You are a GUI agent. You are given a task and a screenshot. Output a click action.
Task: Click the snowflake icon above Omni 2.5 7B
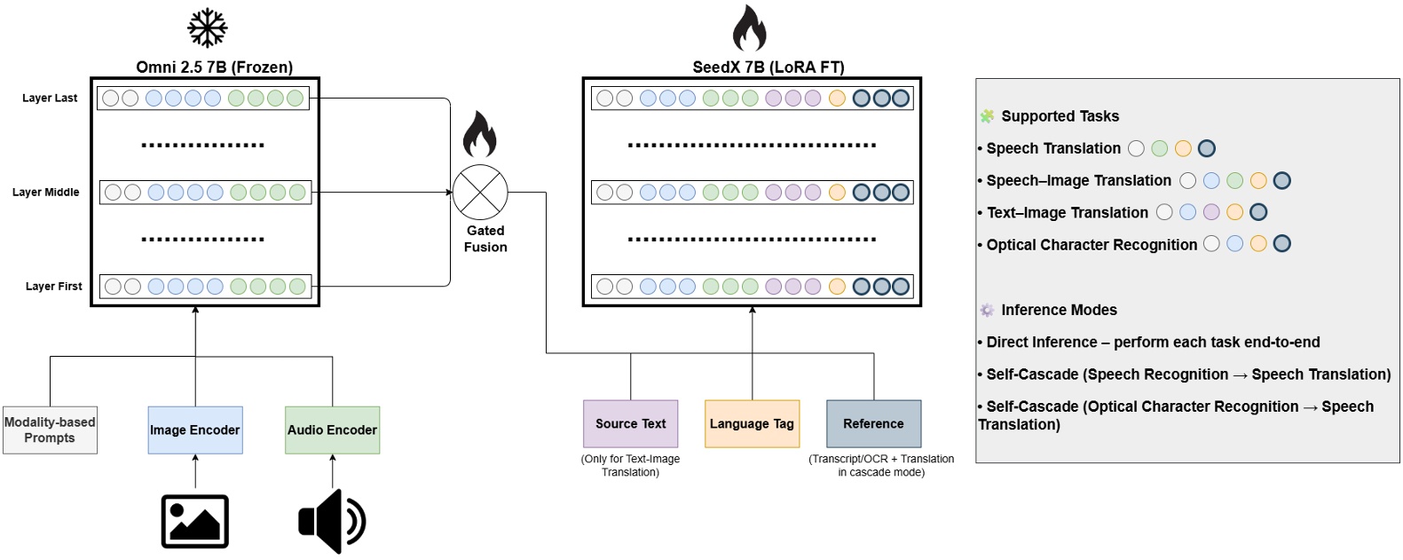(x=208, y=28)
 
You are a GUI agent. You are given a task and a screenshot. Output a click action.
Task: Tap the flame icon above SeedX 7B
(x=749, y=28)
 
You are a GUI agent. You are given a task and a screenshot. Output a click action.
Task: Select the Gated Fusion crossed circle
(x=480, y=192)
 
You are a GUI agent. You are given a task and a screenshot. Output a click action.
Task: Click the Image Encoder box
(x=195, y=430)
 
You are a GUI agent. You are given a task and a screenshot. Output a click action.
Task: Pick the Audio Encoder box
(x=332, y=430)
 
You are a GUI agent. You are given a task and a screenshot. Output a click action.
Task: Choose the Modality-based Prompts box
(x=50, y=430)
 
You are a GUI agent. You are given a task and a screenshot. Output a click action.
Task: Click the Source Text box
(x=630, y=424)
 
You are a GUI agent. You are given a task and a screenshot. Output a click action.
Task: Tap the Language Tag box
(x=752, y=424)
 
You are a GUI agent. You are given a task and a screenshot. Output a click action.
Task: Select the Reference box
(x=873, y=424)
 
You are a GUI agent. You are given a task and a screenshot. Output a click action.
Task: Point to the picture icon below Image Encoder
(x=195, y=521)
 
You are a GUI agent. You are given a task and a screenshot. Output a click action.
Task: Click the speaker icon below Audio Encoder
(x=332, y=521)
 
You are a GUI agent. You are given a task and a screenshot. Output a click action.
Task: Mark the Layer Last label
(x=50, y=99)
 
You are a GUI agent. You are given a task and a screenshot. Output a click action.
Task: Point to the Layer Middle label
(x=46, y=193)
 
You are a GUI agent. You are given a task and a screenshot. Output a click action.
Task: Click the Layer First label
(x=53, y=287)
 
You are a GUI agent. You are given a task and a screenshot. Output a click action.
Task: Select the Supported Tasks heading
(x=1060, y=116)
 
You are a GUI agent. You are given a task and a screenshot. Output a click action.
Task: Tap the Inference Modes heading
(x=1059, y=310)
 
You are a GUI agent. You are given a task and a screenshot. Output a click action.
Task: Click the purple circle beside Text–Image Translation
(x=1211, y=212)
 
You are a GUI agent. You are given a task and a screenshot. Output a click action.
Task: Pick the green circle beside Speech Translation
(x=1159, y=148)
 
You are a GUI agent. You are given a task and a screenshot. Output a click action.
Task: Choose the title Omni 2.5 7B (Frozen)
(x=214, y=67)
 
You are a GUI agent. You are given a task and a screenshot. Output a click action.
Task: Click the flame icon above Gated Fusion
(x=479, y=134)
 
